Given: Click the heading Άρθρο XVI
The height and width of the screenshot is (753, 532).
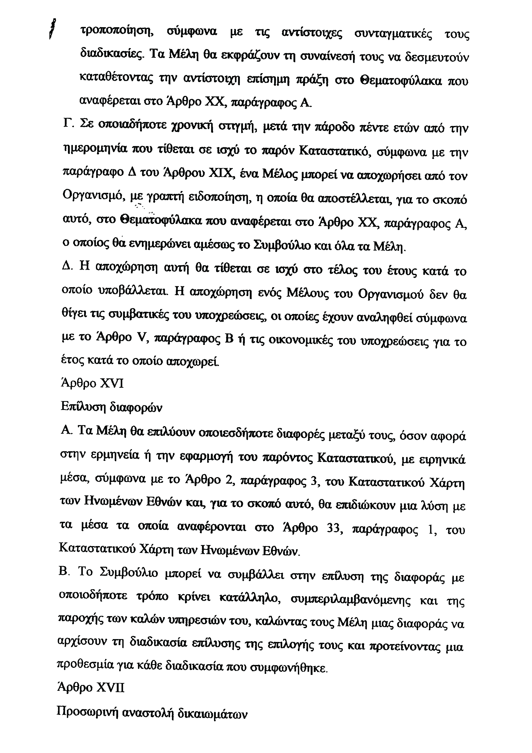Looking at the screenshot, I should (x=92, y=383).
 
